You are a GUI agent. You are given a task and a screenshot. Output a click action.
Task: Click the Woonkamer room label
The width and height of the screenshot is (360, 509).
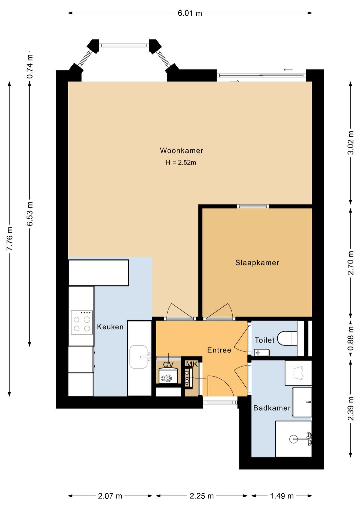tap(181, 150)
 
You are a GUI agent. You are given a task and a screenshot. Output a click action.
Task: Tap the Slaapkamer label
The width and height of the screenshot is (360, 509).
tap(257, 263)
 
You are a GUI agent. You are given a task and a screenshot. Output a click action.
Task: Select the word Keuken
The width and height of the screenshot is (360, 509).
tap(110, 327)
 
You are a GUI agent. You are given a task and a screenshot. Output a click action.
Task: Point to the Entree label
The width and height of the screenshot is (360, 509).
tap(219, 350)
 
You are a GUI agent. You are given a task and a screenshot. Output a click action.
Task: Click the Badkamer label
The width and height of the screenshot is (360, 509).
tap(272, 408)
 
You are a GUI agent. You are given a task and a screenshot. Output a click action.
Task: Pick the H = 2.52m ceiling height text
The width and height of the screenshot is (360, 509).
tap(181, 162)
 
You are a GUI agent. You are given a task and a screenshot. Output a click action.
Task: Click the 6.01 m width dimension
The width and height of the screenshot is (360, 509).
tap(190, 13)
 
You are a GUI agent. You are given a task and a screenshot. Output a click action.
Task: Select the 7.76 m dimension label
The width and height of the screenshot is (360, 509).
tap(10, 238)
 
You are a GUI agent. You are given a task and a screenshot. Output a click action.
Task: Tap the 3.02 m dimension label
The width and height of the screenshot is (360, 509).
tap(351, 142)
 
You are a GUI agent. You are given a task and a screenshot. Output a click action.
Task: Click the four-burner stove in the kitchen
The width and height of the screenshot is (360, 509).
tap(82, 323)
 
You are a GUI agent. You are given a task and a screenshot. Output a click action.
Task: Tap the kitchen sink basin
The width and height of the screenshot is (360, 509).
tap(139, 357)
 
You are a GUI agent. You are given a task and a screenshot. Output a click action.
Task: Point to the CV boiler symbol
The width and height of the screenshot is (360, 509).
tap(168, 378)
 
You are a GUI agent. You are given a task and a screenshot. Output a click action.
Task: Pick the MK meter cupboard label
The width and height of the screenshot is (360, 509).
tap(192, 365)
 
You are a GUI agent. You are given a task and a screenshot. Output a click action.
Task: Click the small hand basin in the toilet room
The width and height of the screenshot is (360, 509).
tap(262, 353)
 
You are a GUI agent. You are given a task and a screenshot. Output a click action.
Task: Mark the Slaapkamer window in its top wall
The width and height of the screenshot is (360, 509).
tap(253, 206)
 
